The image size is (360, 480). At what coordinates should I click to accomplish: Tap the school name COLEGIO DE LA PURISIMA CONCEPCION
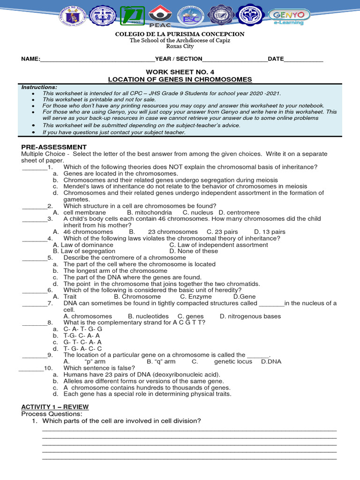(x=180, y=34)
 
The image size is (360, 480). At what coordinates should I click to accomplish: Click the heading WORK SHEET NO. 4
(x=180, y=72)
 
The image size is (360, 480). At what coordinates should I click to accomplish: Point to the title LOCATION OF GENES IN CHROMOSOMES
(x=180, y=80)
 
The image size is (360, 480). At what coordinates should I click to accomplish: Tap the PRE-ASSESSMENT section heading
(x=54, y=147)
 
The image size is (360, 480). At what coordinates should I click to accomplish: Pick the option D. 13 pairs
(x=270, y=232)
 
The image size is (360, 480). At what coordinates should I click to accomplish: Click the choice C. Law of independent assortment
(x=218, y=245)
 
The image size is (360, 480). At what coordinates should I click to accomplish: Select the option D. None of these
(x=194, y=251)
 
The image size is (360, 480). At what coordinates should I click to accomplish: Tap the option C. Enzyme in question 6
(x=196, y=297)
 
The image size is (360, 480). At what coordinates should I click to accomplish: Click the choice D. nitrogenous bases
(x=250, y=316)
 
